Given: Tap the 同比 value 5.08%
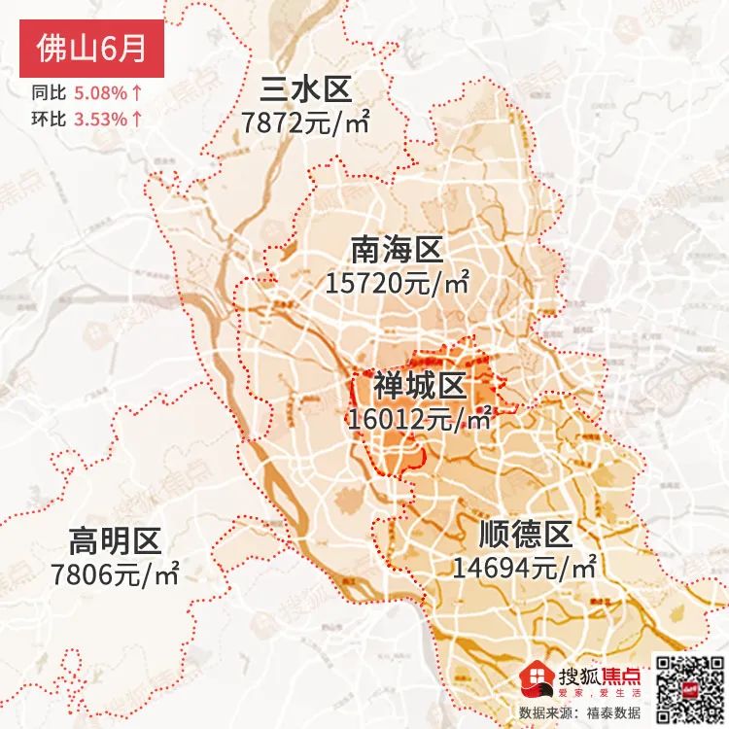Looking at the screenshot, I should (101, 94).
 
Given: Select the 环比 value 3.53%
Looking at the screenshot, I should (101, 120).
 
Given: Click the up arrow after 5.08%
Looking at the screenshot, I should (137, 94).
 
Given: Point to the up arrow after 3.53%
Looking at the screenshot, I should (137, 120).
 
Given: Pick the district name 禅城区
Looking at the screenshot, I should (420, 387).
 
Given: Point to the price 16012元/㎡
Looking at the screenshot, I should (420, 419).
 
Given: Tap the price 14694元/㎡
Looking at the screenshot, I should (524, 567).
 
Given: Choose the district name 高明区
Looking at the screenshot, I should (115, 540).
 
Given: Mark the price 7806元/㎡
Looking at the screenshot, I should (115, 573).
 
